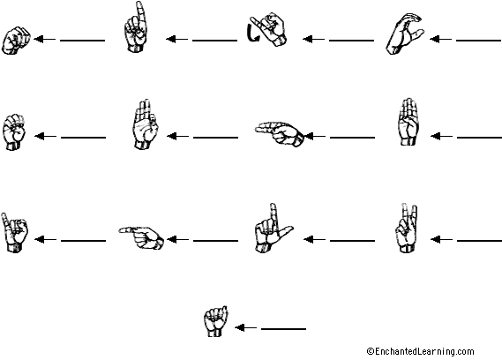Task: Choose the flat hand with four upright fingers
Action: pyautogui.click(x=407, y=124)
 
